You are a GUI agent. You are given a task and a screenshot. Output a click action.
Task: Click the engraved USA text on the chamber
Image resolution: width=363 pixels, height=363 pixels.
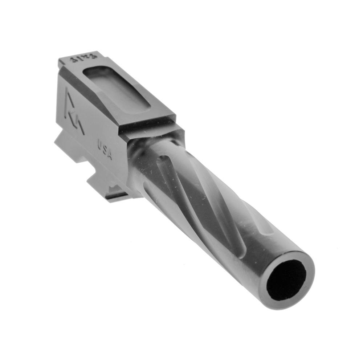click(x=105, y=150)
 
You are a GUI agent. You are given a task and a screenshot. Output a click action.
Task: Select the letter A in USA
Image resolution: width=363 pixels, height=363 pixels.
click(x=109, y=156)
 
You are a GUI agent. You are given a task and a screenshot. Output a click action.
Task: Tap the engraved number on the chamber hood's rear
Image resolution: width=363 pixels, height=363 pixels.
click(x=79, y=58)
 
